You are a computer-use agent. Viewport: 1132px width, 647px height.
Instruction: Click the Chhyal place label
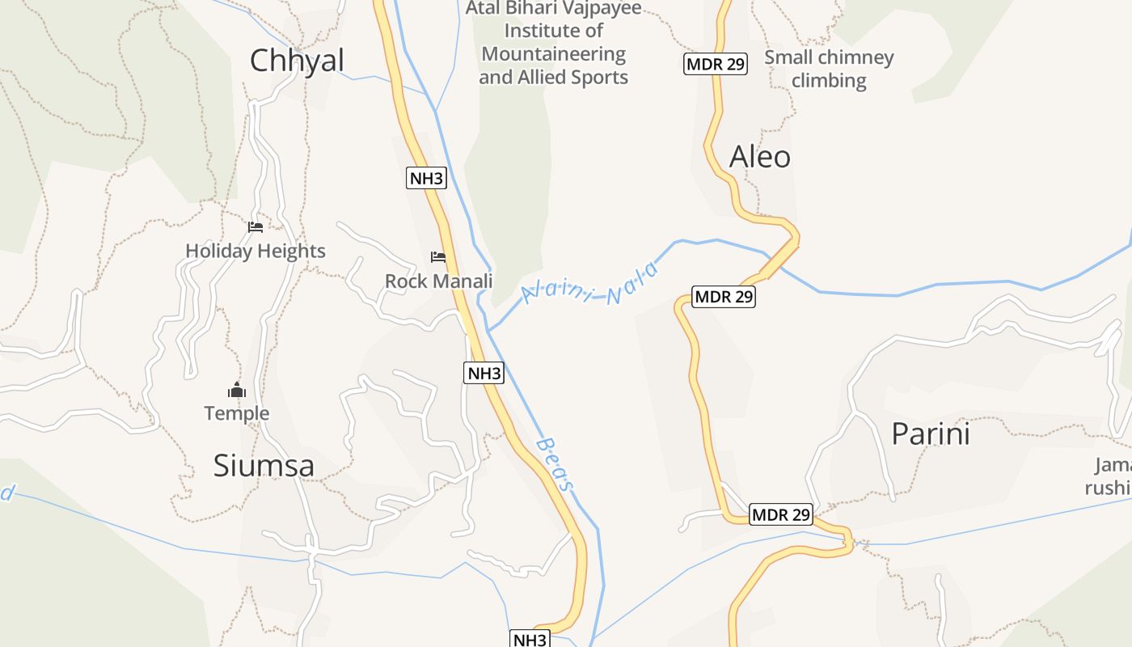[x=297, y=61]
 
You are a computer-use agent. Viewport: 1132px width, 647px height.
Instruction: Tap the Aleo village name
[x=759, y=157]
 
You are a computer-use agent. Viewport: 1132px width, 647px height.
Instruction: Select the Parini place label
[x=930, y=434]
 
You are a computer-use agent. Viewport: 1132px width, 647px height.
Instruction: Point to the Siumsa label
[x=264, y=466]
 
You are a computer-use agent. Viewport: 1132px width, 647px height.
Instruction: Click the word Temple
[x=236, y=413]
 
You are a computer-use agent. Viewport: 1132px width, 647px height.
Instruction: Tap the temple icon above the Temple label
[x=236, y=391]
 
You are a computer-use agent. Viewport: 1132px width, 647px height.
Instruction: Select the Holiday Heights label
[x=256, y=251]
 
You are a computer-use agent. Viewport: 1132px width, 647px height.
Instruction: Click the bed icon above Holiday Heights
[x=256, y=227]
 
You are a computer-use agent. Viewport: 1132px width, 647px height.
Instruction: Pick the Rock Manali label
[x=438, y=281]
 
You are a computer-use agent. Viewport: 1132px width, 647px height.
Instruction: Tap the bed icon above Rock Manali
[x=438, y=257]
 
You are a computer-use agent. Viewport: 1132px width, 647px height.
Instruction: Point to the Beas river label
[x=555, y=464]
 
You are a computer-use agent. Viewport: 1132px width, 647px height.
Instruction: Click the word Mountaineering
[x=553, y=54]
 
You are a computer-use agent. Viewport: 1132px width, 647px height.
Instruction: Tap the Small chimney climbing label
[x=829, y=69]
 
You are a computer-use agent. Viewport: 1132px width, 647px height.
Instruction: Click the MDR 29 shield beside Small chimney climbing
[x=715, y=64]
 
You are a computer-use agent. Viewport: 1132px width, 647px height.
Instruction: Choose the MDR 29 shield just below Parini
[x=780, y=514]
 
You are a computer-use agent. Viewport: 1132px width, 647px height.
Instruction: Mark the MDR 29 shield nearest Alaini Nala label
[x=724, y=297]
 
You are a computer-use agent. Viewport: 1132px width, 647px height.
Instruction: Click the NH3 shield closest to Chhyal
[x=426, y=178]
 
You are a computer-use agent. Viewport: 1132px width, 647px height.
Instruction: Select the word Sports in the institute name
[x=599, y=78]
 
